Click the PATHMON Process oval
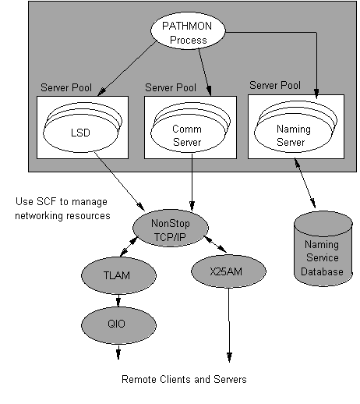186,32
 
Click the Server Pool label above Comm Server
171,87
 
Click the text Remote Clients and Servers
184,380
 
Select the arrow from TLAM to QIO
118,299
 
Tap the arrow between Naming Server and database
306,186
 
